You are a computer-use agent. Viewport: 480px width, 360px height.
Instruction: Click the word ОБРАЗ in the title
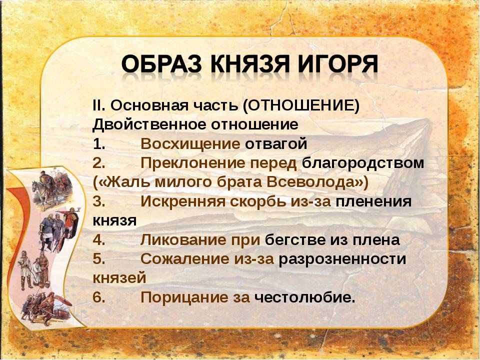162,64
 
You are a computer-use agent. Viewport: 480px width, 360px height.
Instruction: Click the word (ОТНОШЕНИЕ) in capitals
301,105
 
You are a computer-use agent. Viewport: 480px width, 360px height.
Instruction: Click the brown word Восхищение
190,144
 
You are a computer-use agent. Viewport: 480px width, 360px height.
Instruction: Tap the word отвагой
276,144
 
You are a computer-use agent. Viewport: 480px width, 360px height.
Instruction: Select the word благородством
363,163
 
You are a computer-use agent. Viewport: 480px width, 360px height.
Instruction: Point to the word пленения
374,202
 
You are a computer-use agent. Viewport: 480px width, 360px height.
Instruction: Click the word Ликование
183,239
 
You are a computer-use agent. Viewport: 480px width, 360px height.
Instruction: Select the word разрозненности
342,259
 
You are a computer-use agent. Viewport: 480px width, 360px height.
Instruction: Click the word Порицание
185,297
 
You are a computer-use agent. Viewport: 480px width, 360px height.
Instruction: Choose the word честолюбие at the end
305,297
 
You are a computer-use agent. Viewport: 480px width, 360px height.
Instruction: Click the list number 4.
99,239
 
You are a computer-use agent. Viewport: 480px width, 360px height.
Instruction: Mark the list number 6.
99,297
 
